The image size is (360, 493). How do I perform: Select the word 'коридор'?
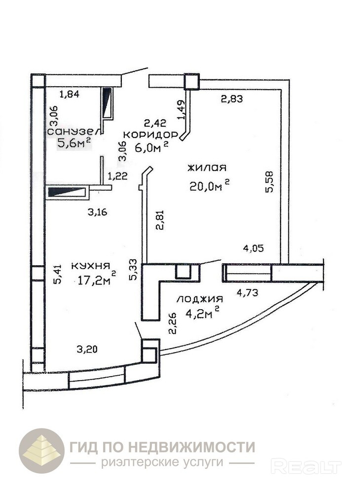[150, 135]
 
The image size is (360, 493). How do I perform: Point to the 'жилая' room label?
[207, 168]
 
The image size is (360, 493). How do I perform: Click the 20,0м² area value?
[209, 185]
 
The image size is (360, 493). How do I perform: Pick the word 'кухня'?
[90, 266]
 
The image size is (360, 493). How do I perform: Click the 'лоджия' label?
[200, 299]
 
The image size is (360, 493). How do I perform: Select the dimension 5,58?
[269, 182]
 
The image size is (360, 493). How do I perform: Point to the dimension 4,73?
[248, 293]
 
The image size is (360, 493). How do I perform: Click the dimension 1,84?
[69, 94]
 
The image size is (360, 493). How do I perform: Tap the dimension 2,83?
[232, 99]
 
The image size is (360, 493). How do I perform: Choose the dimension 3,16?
[98, 212]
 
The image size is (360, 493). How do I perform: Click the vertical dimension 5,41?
[57, 274]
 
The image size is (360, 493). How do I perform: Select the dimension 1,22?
[117, 176]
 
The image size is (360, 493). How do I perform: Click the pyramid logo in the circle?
[42, 451]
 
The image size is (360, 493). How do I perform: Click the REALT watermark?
[306, 466]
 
